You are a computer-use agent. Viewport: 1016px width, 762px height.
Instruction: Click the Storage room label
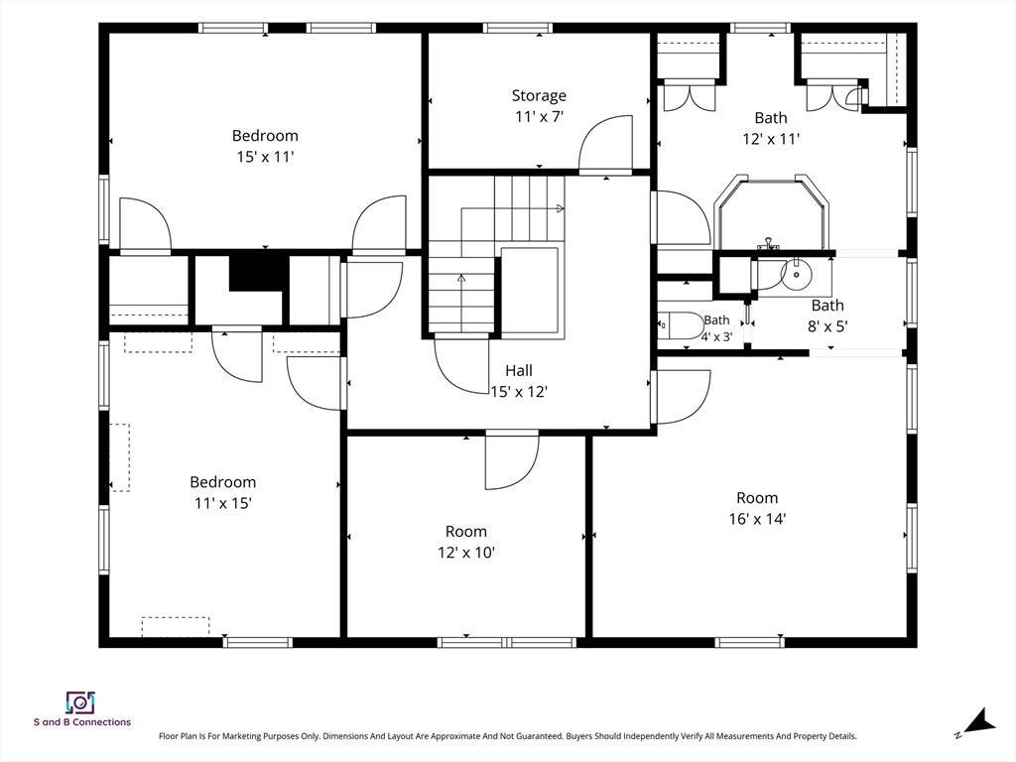coord(539,96)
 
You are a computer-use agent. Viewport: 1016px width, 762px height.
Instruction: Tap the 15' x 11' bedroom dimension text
coord(265,157)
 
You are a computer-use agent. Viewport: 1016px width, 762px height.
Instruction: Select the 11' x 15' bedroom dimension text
coord(223,503)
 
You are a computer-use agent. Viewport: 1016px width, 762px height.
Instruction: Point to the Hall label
coord(519,371)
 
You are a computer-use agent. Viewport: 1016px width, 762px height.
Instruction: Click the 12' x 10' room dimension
coord(466,553)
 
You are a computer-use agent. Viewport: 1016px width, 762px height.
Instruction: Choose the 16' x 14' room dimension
coord(757,519)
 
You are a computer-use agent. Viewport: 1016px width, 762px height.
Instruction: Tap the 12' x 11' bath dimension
coord(771,139)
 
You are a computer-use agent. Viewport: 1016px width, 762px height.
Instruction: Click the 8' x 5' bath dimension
coord(827,325)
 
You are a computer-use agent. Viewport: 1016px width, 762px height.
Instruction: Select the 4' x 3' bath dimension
coord(716,337)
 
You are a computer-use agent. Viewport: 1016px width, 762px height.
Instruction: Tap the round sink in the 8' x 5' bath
coord(797,274)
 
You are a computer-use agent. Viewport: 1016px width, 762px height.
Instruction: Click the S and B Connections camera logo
coord(80,702)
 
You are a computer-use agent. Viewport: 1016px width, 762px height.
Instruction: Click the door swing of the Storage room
coord(605,142)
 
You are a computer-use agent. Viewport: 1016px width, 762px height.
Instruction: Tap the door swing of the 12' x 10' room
coord(512,462)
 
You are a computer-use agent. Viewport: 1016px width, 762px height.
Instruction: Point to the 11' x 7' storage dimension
coord(539,117)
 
